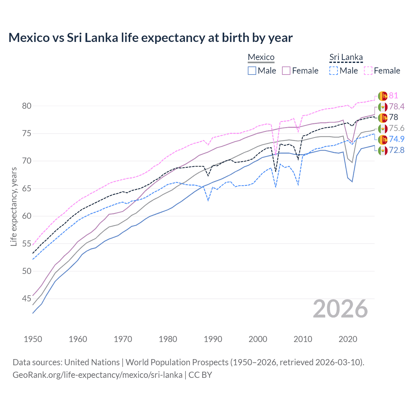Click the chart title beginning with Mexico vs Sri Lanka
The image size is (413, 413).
click(x=150, y=38)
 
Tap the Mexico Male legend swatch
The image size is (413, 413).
click(x=252, y=71)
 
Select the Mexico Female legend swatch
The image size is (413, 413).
click(x=286, y=71)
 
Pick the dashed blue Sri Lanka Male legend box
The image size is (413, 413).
click(x=334, y=71)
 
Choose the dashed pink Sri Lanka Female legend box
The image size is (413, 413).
click(x=368, y=71)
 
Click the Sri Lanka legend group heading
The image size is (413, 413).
click(x=346, y=57)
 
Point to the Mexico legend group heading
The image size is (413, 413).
click(x=261, y=57)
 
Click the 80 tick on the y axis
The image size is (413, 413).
click(x=27, y=106)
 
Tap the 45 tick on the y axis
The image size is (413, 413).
click(x=27, y=299)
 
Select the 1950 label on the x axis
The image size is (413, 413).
click(x=33, y=339)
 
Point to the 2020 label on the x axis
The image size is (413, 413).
click(x=348, y=339)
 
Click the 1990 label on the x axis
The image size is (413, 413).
click(x=213, y=339)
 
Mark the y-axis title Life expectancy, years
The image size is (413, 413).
click(x=14, y=206)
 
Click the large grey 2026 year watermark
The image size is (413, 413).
click(x=340, y=309)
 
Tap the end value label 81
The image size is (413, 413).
click(x=393, y=96)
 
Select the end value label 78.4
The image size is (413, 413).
click(x=397, y=107)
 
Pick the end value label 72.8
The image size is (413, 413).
click(x=397, y=150)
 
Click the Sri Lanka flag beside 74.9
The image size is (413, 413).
click(x=383, y=139)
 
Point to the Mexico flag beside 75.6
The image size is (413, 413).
click(x=383, y=128)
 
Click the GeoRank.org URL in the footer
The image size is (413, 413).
click(x=97, y=375)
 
